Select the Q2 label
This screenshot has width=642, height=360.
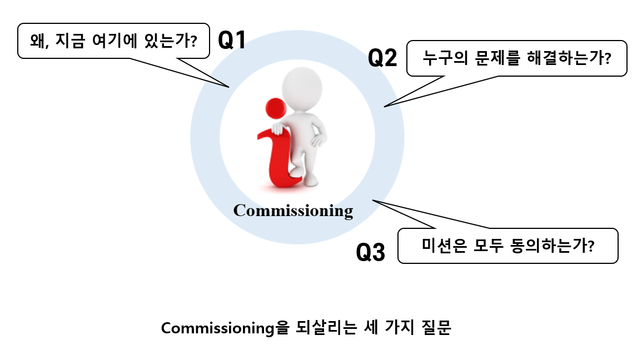383,58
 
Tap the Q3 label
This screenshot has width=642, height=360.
370,253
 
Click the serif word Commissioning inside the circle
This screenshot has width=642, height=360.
293,211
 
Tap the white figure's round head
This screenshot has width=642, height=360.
302,88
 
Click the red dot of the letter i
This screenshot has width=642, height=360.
275,108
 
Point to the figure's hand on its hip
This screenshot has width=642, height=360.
318,139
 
